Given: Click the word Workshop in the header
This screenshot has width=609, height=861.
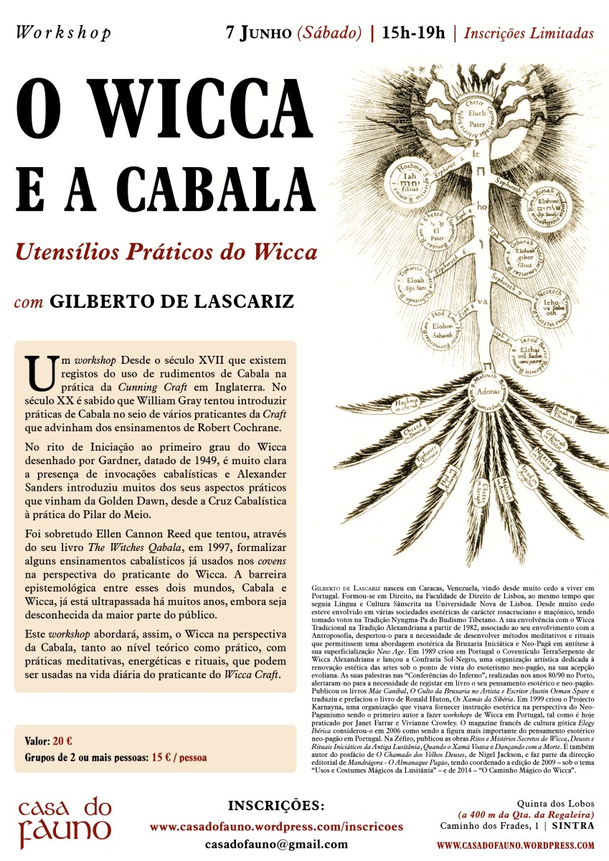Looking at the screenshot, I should tap(63, 33).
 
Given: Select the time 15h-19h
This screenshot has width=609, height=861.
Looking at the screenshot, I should tap(414, 32).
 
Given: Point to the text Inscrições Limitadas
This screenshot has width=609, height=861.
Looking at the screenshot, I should tap(529, 33).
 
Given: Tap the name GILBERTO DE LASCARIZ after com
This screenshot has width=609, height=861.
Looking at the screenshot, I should tap(171, 300).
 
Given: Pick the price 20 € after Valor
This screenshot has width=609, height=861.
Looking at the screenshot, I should tap(62, 740).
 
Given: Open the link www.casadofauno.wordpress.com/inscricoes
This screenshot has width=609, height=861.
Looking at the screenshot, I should tap(276, 827).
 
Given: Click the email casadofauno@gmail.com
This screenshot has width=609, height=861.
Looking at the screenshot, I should tap(276, 845).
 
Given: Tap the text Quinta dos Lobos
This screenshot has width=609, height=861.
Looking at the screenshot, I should tap(555, 802).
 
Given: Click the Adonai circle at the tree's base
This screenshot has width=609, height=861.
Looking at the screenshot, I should tap(481, 392).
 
